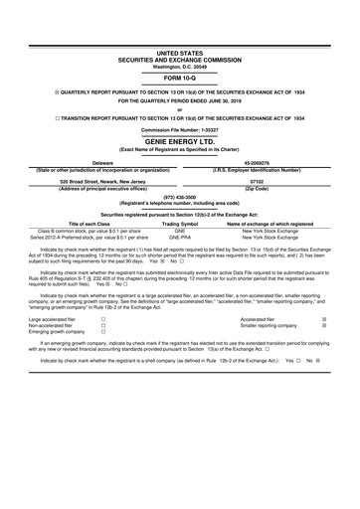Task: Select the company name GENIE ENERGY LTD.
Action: [179, 142]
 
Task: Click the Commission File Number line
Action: [179, 129]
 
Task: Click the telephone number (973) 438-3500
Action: [179, 197]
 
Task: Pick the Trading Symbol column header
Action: [180, 224]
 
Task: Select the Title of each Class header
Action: [90, 224]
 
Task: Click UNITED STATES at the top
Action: [179, 49]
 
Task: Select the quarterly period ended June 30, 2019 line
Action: [179, 102]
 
